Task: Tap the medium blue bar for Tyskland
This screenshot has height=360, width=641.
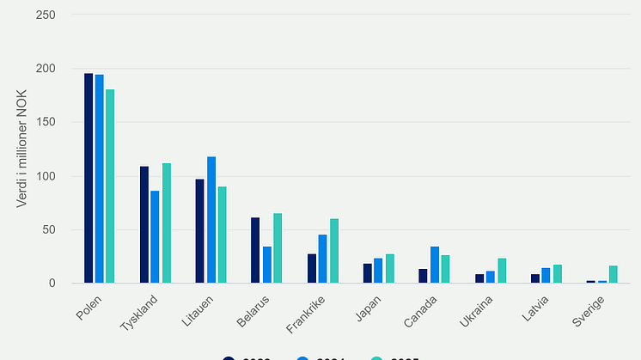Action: [155, 236]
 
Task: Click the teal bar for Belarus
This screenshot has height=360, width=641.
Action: [278, 247]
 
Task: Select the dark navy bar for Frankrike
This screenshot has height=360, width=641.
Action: [312, 268]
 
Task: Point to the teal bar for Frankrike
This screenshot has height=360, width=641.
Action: [334, 251]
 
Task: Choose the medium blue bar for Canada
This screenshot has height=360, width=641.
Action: [434, 265]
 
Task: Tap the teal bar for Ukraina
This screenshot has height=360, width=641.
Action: [502, 271]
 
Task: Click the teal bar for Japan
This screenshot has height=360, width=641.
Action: [389, 268]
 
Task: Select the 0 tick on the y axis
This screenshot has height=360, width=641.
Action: [52, 284]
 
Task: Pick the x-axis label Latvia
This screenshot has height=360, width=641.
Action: [536, 309]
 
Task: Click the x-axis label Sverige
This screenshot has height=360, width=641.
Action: [590, 311]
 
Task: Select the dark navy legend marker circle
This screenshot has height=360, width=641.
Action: [229, 357]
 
